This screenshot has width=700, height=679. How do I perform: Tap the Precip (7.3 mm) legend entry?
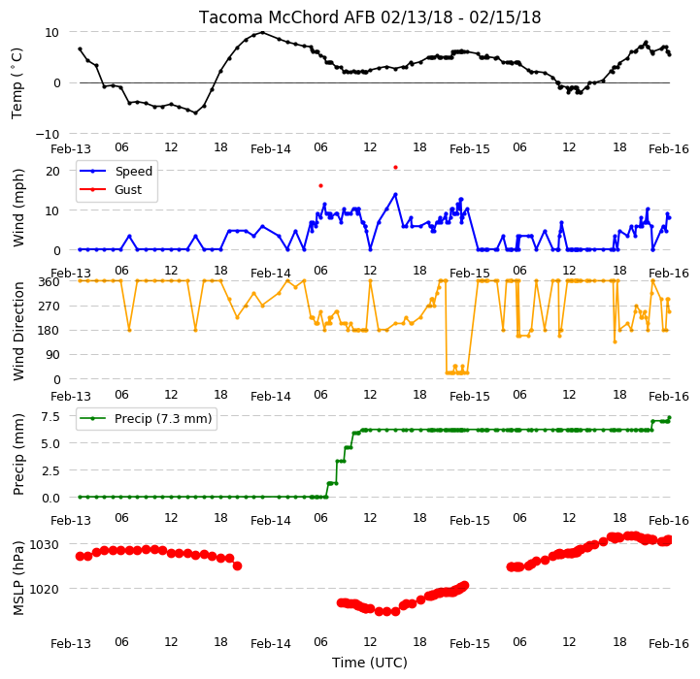coord(146,418)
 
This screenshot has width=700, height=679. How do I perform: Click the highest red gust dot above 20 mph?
coord(395,168)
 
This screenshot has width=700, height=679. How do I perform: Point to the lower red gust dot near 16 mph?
coord(320,185)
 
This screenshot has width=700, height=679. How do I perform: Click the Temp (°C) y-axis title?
coord(17,83)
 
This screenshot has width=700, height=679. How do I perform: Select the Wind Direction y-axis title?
coord(18,331)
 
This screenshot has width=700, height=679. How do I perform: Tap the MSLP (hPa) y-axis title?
coord(18,578)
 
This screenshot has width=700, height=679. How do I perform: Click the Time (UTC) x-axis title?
coord(370,663)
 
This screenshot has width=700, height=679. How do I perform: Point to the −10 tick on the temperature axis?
coord(48,134)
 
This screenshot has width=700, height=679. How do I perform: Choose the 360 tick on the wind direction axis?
coord(50,281)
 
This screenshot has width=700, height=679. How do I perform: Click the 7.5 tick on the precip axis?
coord(50,417)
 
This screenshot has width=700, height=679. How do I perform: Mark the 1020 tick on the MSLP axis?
coord(45,589)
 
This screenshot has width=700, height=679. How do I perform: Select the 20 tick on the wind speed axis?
coord(52,171)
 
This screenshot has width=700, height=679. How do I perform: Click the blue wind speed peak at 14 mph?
coord(395,195)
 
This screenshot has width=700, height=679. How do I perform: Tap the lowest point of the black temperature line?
coord(195,113)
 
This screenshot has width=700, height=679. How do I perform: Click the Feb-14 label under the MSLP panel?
coord(271,644)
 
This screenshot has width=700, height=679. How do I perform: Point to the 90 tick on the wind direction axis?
coord(52,355)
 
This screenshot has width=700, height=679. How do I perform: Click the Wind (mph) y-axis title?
coord(18,208)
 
